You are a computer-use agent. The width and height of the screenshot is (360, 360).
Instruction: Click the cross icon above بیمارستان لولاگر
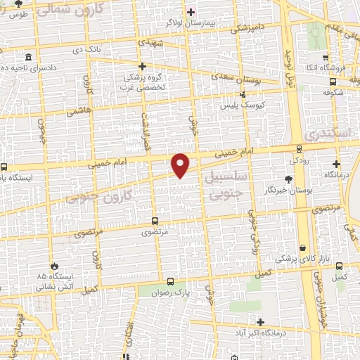tap(191, 12)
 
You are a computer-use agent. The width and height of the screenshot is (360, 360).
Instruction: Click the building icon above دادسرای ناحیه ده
tap(27, 57)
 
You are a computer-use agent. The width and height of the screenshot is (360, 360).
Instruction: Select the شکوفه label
tap(333, 91)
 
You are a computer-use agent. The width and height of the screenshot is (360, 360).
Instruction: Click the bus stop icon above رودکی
tap(300, 148)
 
